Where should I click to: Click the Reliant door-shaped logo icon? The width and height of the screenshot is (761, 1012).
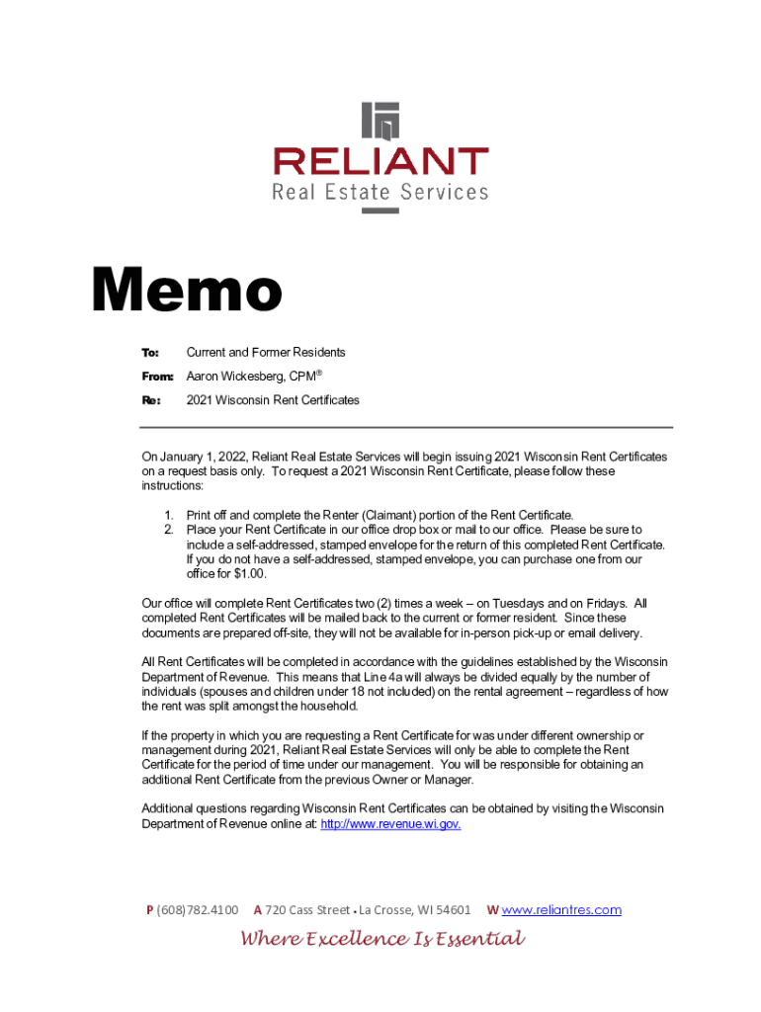coord(380,121)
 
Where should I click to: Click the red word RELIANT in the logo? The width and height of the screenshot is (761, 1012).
coord(380,161)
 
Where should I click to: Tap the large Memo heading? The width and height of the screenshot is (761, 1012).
coord(187,293)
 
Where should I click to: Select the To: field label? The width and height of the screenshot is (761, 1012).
coord(150,353)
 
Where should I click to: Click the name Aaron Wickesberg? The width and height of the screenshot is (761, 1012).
coord(235,377)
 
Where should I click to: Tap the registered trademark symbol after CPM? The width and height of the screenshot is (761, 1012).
coord(319,374)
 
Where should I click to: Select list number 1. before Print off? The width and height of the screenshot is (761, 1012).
coord(169,516)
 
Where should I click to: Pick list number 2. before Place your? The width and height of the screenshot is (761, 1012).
coord(169,530)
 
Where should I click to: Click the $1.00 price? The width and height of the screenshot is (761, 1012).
coord(246,573)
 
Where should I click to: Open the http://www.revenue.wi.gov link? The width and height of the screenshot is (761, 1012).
coord(390,823)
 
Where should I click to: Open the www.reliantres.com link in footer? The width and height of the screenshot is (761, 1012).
coord(561,909)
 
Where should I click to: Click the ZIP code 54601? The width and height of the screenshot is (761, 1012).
coord(450,909)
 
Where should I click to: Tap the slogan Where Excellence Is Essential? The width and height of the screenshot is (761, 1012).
coord(382,939)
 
